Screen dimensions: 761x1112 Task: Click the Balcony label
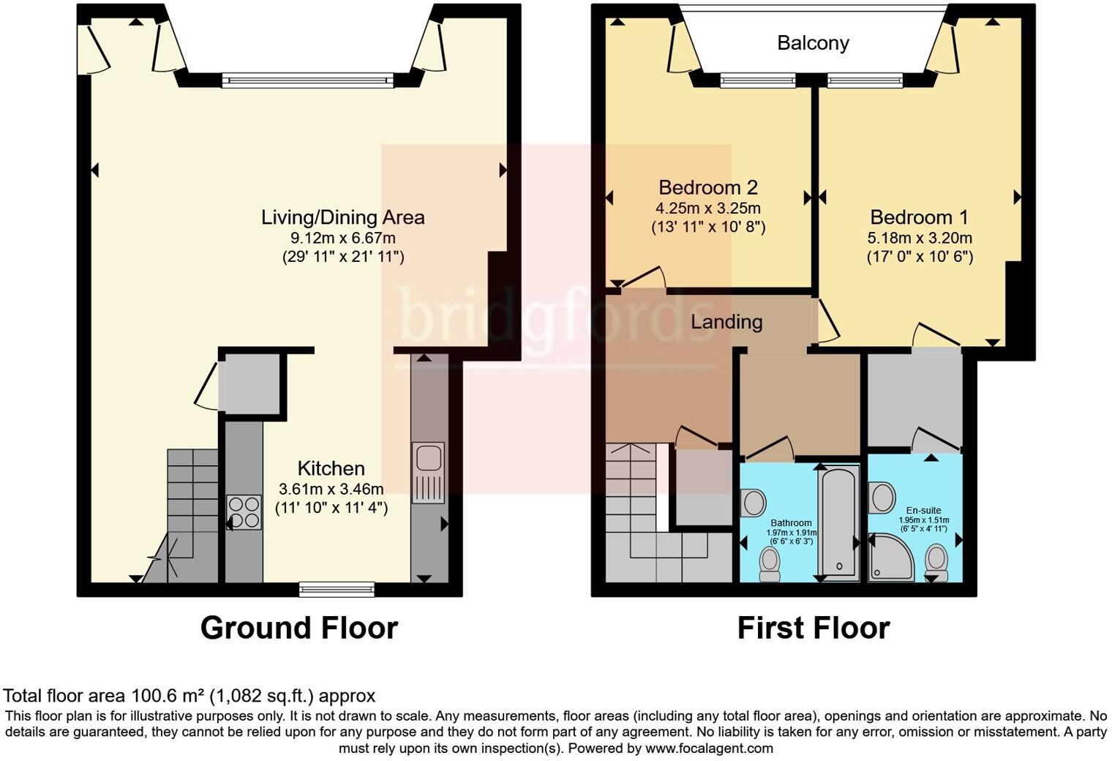[813, 43]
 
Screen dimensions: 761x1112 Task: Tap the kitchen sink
[428, 458]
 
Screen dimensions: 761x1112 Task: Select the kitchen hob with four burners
[244, 512]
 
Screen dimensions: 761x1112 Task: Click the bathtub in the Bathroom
[838, 522]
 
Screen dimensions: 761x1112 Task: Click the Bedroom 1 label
[919, 217]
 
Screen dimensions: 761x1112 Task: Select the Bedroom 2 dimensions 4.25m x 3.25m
[708, 208]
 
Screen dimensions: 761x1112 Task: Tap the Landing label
[726, 322]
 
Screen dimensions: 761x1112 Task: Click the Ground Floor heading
[298, 628]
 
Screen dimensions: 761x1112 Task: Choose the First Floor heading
[813, 628]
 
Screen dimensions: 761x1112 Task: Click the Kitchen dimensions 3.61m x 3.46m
[331, 489]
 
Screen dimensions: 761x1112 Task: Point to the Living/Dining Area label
[342, 217]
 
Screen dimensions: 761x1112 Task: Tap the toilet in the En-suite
[936, 561]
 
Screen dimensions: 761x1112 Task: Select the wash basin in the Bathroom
[753, 503]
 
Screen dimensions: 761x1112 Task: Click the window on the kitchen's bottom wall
[337, 588]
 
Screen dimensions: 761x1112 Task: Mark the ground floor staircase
[192, 512]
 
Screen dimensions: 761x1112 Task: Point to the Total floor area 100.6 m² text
[189, 696]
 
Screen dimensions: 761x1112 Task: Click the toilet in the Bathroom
[770, 563]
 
